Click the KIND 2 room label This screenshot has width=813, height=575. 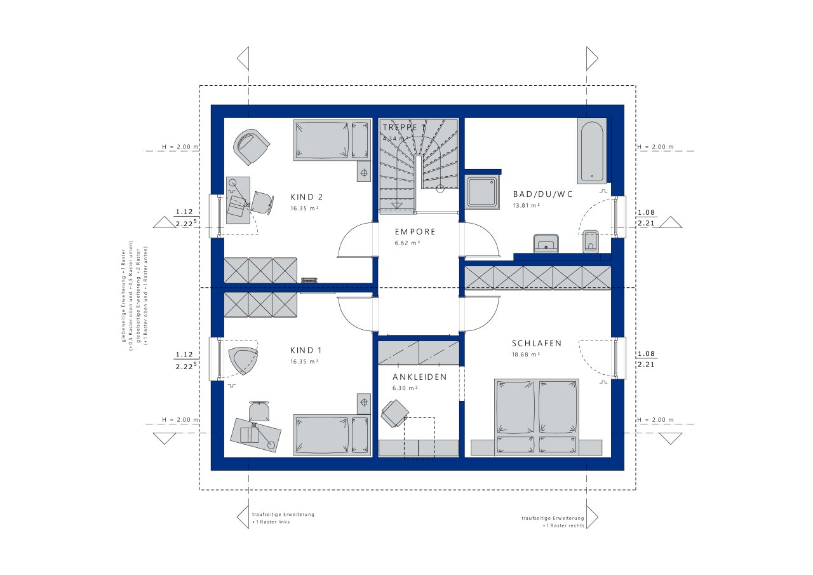click(x=307, y=196)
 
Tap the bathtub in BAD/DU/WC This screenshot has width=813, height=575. click(x=591, y=151)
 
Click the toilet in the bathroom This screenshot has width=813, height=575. click(x=591, y=241)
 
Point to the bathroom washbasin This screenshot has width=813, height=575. click(x=545, y=243)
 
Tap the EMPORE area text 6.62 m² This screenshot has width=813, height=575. click(x=407, y=243)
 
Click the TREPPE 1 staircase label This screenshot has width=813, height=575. click(x=403, y=127)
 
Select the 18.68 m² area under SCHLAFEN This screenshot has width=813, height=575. click(x=526, y=355)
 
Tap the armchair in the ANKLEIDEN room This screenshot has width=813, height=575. click(x=394, y=413)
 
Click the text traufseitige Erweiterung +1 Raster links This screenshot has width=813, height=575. click(x=283, y=517)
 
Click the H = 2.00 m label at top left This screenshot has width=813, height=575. click(x=180, y=147)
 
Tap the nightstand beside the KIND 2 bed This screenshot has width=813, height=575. click(x=364, y=172)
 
